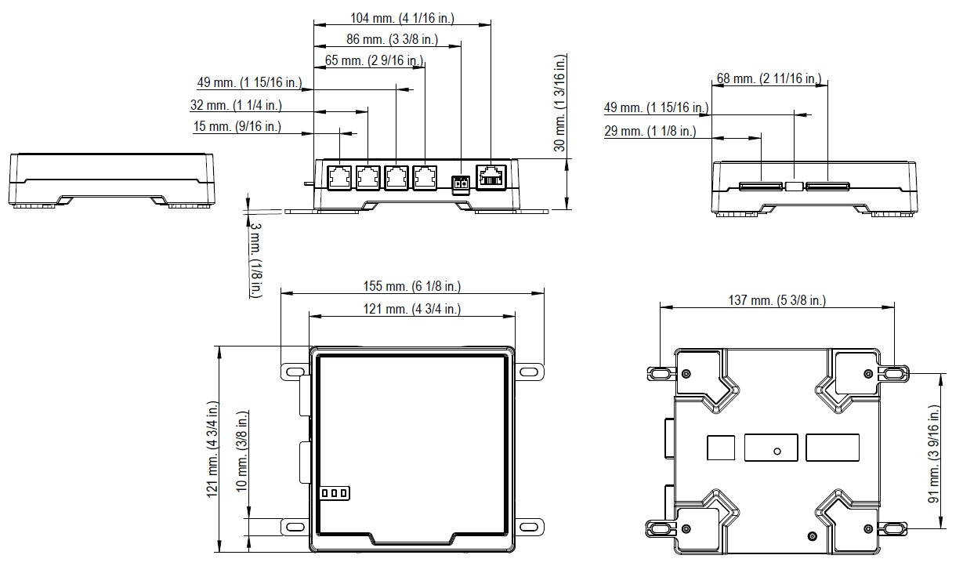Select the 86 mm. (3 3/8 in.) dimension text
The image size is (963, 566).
[x=392, y=38]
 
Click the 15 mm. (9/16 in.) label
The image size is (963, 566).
[x=237, y=126]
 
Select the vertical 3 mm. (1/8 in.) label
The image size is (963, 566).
[x=256, y=259]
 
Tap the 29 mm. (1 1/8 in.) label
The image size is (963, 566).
[x=650, y=131]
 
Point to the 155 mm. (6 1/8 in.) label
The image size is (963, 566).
[x=411, y=286]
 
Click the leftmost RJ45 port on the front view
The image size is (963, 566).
[x=339, y=177]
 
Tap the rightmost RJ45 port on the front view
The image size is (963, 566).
[x=492, y=176]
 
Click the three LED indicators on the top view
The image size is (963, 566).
[x=335, y=493]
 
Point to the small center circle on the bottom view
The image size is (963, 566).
[x=777, y=451]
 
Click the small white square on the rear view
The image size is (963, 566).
[x=794, y=187]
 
